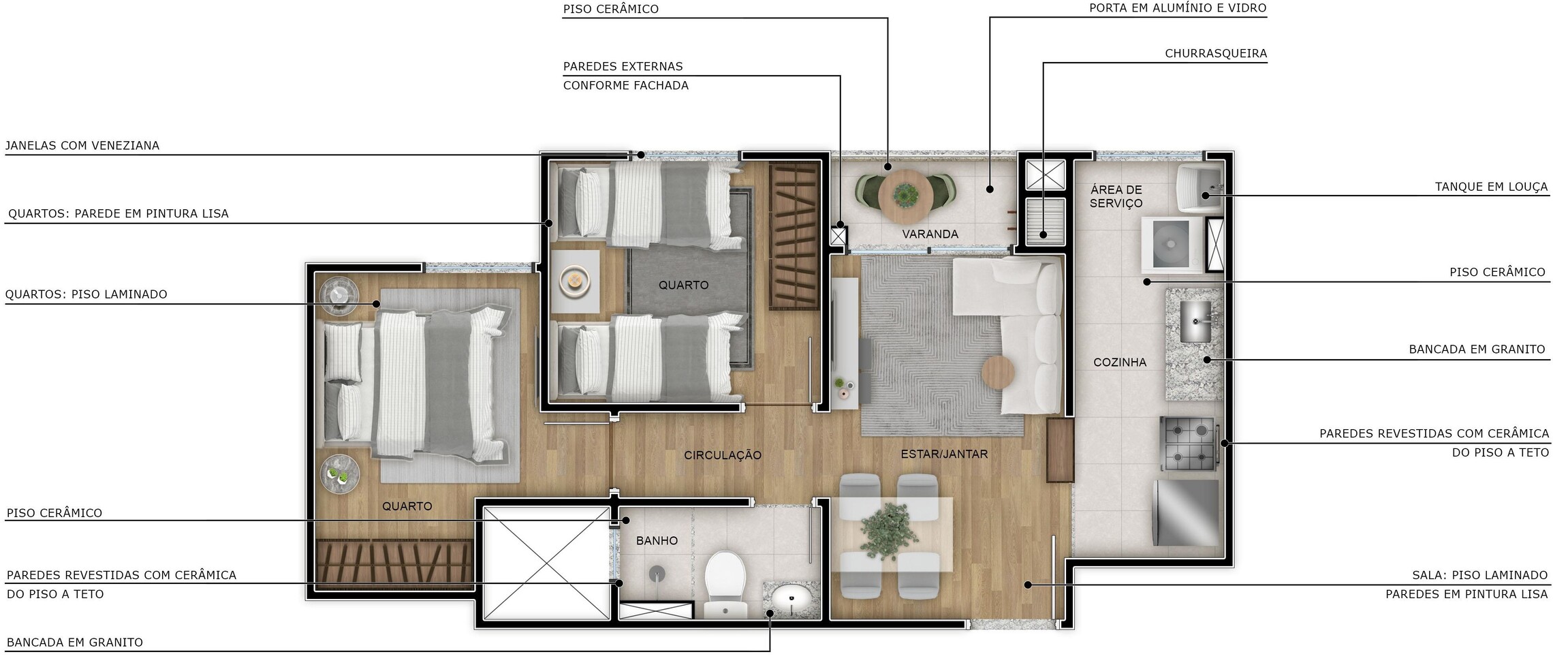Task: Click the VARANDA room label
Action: point(930,234)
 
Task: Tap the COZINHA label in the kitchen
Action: point(1120,362)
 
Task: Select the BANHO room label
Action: point(657,540)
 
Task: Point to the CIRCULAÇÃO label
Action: point(723,455)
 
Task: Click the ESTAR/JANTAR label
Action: point(944,454)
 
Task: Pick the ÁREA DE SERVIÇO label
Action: point(1116,196)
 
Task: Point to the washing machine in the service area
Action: point(1172,244)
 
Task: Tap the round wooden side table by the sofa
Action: point(998,372)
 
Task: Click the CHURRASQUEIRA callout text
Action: point(1216,53)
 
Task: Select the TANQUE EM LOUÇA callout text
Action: point(1492,187)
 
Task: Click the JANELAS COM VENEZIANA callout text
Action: point(82,145)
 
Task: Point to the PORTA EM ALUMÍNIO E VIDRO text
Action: point(1178,8)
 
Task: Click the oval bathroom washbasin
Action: point(791,599)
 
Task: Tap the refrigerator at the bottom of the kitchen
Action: point(1186,513)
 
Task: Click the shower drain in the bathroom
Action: point(657,572)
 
